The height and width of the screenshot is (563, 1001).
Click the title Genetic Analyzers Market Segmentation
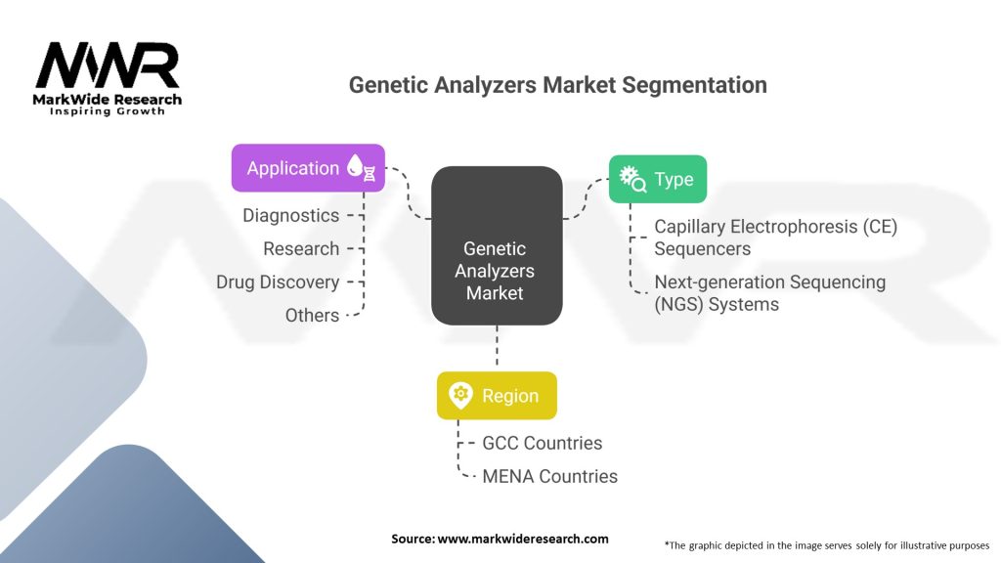557,85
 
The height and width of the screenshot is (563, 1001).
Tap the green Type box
657,180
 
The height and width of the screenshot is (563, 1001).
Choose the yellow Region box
497,396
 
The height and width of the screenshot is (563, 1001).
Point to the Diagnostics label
291,215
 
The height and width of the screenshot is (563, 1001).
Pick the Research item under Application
301,248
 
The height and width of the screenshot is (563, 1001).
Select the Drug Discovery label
278,281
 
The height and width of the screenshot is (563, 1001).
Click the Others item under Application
312,315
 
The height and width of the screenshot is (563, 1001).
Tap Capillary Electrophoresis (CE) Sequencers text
775,237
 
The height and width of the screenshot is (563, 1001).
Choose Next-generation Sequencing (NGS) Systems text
769,292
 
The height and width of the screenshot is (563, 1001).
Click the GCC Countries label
542,443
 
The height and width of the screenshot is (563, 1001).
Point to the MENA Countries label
549,476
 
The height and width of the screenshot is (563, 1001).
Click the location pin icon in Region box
460,396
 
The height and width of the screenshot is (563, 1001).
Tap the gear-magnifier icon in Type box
631,179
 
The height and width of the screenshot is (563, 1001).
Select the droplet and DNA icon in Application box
362,167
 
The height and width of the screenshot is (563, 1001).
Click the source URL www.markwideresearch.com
500,539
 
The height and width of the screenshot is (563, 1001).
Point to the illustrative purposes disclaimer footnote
826,544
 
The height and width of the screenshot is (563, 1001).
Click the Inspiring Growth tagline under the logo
108,111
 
